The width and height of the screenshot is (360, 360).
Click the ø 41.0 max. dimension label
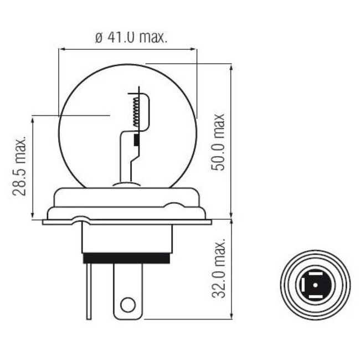click(131, 38)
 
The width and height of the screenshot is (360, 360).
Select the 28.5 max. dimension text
click(21, 166)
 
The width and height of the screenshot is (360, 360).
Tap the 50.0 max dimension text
click(220, 142)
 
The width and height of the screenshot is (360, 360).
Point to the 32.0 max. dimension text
click(220, 269)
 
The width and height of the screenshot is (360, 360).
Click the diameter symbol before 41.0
click(98, 38)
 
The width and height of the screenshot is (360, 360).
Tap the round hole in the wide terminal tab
click(128, 304)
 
